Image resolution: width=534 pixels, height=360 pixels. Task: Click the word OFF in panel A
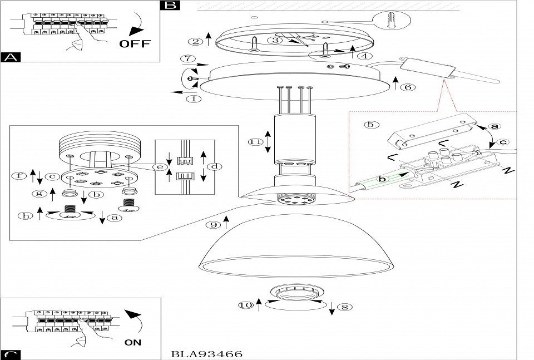tap(135, 44)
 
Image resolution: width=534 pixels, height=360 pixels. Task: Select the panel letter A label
tap(9, 57)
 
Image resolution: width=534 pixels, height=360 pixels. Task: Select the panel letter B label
tap(170, 6)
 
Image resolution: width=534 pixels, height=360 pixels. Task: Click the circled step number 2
tap(195, 42)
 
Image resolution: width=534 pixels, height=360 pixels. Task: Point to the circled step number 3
tap(274, 40)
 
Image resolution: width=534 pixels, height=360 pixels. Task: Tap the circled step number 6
tap(408, 87)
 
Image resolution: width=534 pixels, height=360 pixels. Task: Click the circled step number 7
tap(189, 58)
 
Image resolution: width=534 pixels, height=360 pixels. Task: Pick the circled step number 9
tap(212, 225)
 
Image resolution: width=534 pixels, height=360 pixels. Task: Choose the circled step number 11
tap(255, 142)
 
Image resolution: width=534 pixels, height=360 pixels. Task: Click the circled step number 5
tap(370, 125)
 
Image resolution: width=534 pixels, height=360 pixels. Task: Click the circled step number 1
tap(193, 100)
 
